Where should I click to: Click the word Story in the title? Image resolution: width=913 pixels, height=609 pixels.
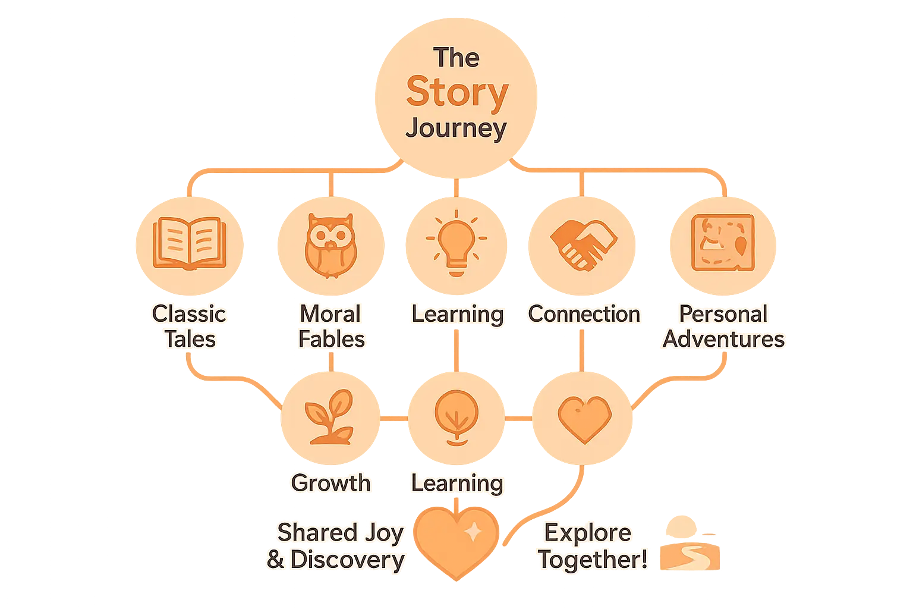tap(456, 92)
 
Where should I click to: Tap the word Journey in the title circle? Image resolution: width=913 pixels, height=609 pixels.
tap(456, 128)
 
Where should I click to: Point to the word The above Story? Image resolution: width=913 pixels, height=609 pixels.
tap(456, 58)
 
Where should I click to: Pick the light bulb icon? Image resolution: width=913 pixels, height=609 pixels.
tap(456, 243)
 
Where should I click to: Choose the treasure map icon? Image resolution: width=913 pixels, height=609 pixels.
tap(723, 243)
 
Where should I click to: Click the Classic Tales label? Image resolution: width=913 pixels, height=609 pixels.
tap(189, 326)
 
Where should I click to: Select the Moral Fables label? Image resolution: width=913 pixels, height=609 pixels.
tap(331, 326)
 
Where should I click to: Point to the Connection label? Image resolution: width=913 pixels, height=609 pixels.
tap(584, 314)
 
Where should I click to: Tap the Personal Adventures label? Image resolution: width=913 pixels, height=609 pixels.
tap(723, 326)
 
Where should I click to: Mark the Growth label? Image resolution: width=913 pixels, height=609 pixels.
tap(330, 483)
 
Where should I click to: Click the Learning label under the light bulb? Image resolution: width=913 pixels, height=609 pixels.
tap(457, 314)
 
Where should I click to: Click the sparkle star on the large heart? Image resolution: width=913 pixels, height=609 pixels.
tap(473, 532)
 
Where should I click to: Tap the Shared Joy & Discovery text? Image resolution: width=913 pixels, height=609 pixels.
tap(336, 545)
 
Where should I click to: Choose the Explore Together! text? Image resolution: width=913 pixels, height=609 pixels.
tap(591, 545)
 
